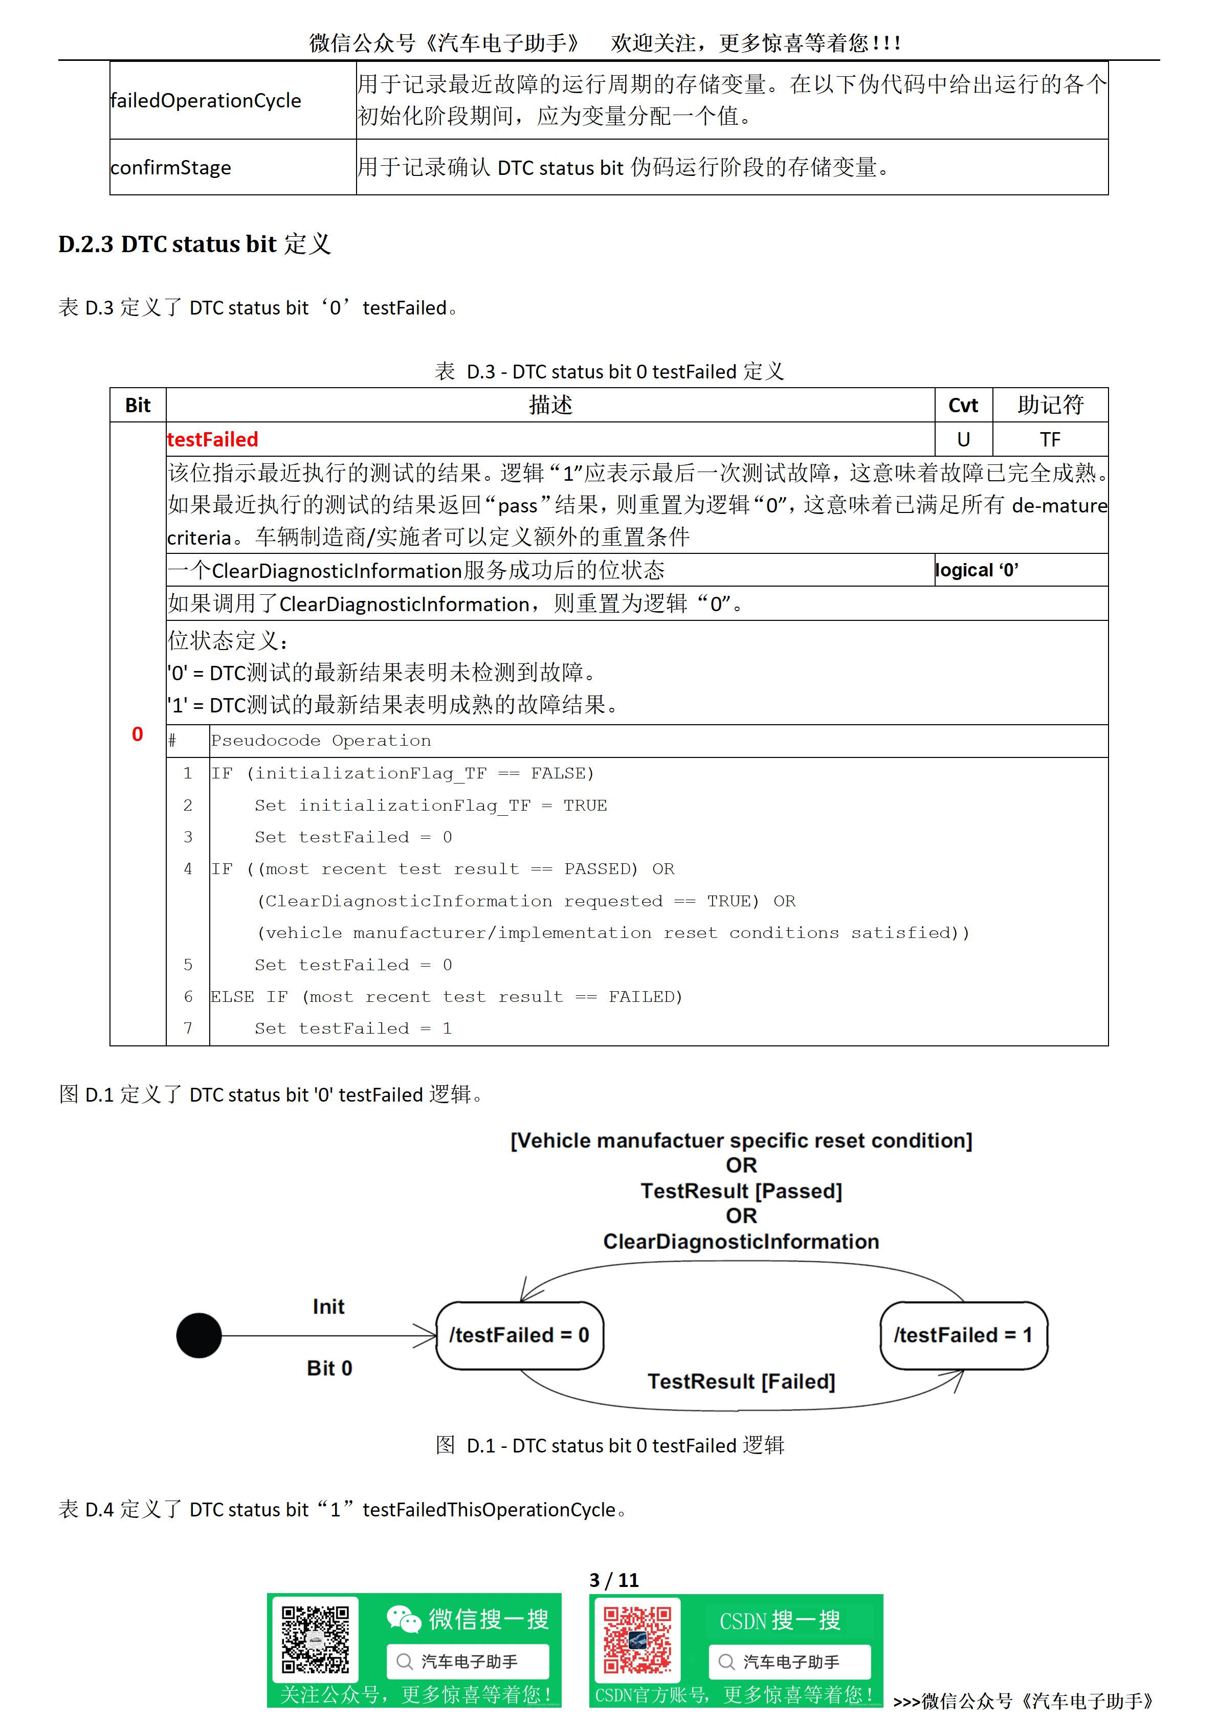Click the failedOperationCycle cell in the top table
tap(206, 101)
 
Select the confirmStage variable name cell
tap(171, 167)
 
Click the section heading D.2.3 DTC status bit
tap(194, 244)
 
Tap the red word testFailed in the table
tap(212, 439)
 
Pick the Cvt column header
tap(963, 406)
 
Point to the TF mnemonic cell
tap(1050, 439)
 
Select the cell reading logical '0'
tap(977, 571)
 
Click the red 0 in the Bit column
tap(137, 734)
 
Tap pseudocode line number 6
tap(188, 997)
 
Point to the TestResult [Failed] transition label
tap(741, 1381)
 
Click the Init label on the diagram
tap(328, 1307)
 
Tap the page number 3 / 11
tap(613, 1581)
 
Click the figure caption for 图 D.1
tap(610, 1445)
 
